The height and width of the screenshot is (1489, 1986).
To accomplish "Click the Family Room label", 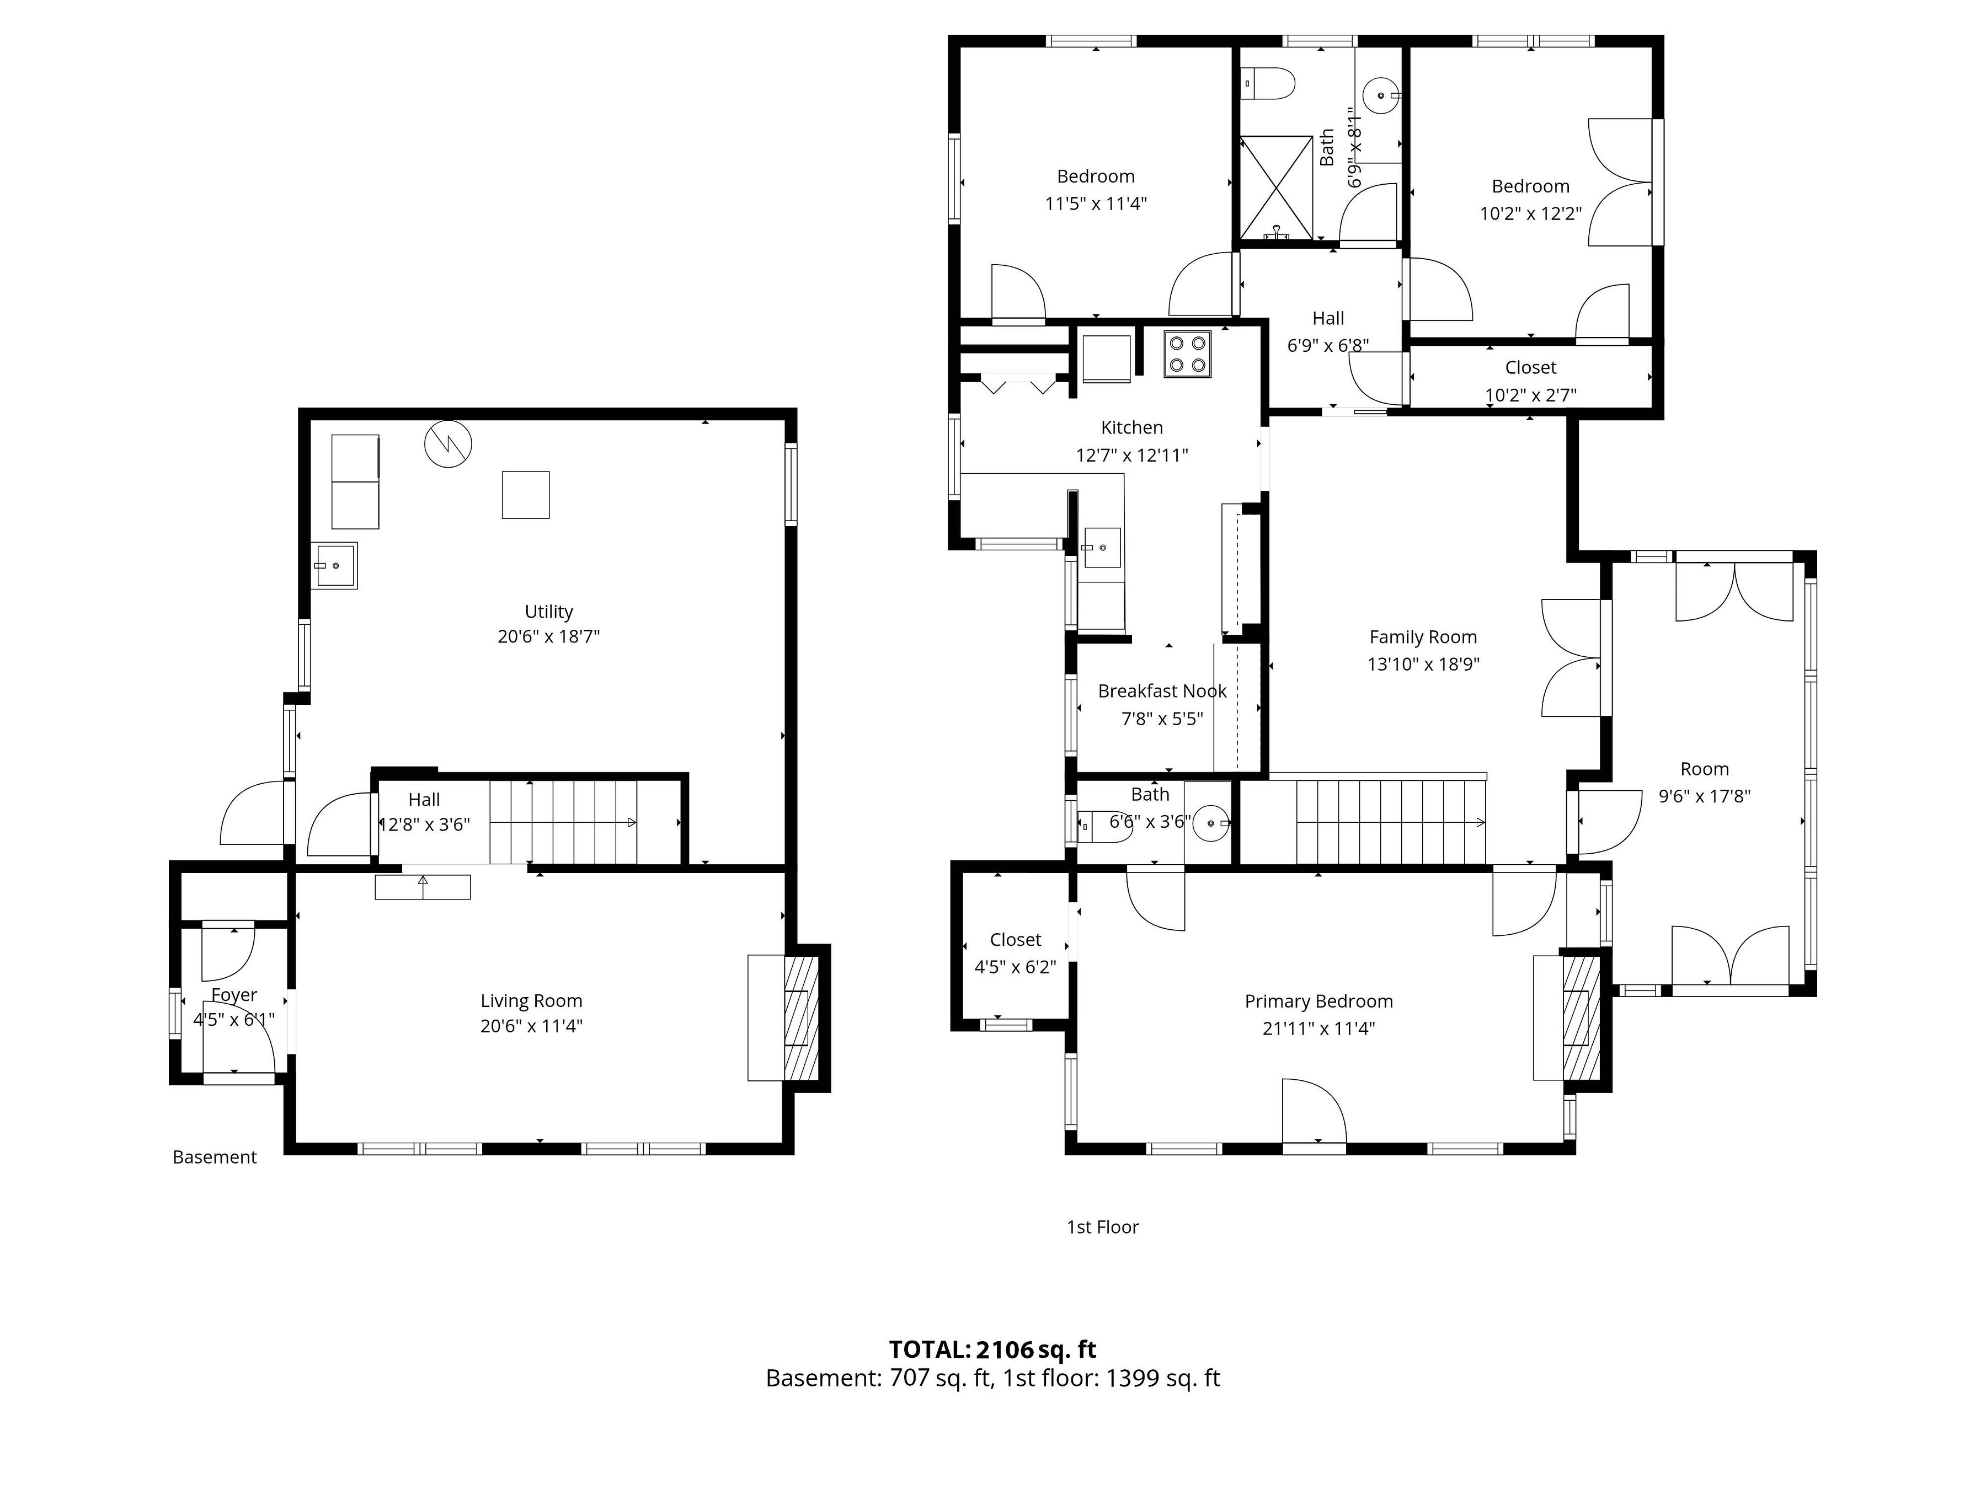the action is [x=1423, y=638].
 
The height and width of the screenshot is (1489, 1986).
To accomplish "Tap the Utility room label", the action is [x=548, y=611].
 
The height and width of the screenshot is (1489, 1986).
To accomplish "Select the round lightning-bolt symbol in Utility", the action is [x=448, y=444].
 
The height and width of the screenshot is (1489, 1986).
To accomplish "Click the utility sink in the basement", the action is [x=335, y=565].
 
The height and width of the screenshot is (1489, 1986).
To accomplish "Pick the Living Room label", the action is [x=531, y=1001].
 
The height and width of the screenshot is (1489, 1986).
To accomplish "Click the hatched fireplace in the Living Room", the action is [x=802, y=1018].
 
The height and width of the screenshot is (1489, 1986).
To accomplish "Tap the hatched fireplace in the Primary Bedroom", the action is [x=1582, y=1018].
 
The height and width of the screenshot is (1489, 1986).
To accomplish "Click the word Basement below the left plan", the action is [x=215, y=1158].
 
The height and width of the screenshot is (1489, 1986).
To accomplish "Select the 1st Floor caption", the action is [x=1103, y=1227].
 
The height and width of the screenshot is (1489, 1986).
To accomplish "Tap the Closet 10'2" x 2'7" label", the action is [x=1531, y=381].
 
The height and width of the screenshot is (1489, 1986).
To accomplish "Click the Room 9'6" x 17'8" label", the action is [x=1704, y=783].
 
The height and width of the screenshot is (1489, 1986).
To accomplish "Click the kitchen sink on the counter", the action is [x=1103, y=548].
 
